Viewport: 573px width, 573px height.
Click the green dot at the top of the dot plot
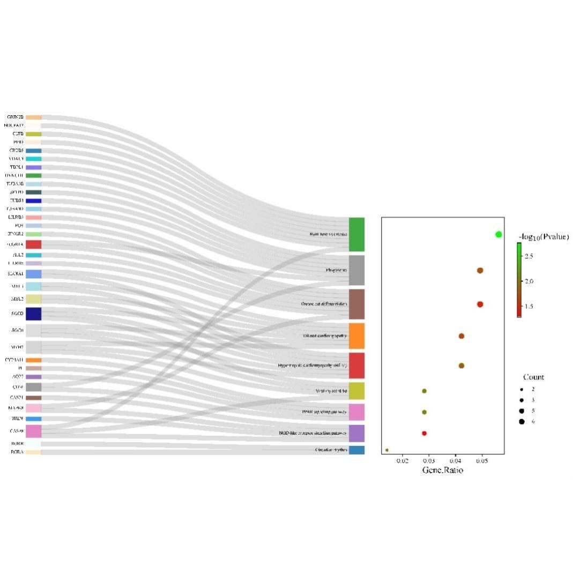click(x=498, y=234)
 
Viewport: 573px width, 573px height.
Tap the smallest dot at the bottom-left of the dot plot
click(x=386, y=450)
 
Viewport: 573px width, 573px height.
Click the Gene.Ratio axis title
click(x=442, y=470)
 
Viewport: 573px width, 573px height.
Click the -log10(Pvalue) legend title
click(x=544, y=237)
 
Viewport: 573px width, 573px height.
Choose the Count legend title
click(x=533, y=377)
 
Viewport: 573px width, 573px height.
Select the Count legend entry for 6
click(x=522, y=421)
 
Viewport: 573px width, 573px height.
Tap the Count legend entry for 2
click(x=522, y=389)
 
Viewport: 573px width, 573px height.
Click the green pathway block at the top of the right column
click(x=356, y=234)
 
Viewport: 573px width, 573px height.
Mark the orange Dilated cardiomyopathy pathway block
click(x=356, y=336)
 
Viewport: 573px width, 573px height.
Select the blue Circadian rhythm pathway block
click(x=356, y=450)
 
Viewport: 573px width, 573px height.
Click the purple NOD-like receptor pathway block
click(x=356, y=433)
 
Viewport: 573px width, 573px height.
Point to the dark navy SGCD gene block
click(x=33, y=314)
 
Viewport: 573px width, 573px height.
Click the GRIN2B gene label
click(x=15, y=117)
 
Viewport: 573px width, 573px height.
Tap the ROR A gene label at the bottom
click(x=17, y=452)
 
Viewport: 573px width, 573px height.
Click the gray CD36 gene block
click(x=33, y=387)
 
